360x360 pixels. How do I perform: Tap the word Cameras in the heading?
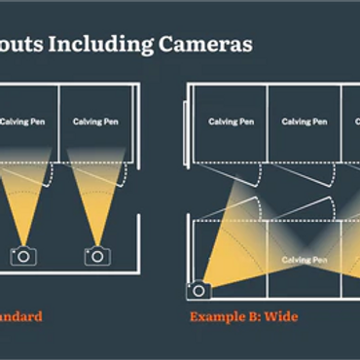207,44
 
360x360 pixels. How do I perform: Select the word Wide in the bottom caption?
279,317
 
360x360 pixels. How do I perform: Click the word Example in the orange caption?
217,317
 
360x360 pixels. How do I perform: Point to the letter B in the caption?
251,317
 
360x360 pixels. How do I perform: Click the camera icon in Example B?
198,289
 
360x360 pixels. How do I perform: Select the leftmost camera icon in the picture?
22,256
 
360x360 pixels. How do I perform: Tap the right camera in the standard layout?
97,256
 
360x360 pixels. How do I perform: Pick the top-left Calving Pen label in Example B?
230,122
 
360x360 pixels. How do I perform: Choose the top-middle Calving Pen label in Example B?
303,122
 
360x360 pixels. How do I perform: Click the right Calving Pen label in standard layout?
95,122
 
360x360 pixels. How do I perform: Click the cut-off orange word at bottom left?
19,317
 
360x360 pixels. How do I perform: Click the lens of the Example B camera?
198,290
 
